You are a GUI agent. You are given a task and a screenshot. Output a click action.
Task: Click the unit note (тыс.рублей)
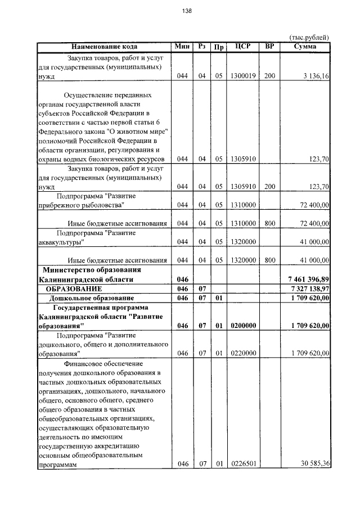click(x=309, y=37)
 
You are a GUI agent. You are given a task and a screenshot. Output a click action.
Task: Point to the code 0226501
click(x=242, y=464)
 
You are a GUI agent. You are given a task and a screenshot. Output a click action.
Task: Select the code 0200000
click(x=242, y=326)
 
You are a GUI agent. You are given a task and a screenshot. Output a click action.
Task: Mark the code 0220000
click(x=242, y=353)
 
